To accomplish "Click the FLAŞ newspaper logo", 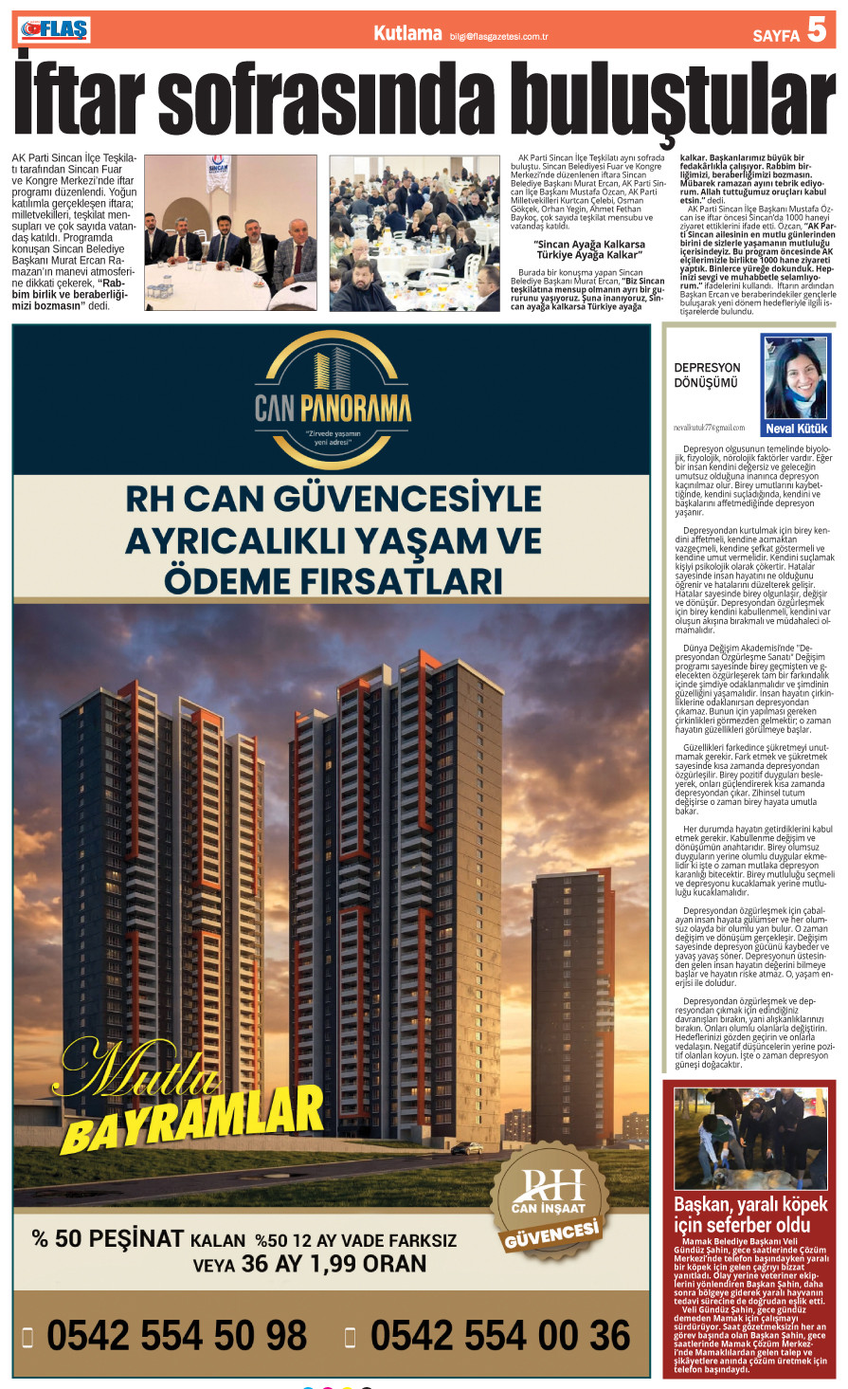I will (x=54, y=30).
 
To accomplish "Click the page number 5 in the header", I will (x=817, y=31).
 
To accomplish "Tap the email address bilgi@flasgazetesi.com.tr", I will (x=499, y=36).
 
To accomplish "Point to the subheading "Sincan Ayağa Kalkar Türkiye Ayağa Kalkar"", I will (x=589, y=249).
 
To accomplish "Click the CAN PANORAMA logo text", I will (x=333, y=409).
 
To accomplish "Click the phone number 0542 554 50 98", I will (x=176, y=1336).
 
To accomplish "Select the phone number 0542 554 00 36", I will (x=499, y=1336).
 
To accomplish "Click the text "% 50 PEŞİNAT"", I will (x=107, y=1239).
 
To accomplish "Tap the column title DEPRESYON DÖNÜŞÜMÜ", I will (x=707, y=375).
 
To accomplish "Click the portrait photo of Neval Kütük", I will (x=796, y=377).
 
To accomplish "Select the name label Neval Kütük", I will (x=796, y=429).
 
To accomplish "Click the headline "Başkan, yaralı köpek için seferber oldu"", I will (x=750, y=1215).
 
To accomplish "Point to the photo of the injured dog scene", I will (x=749, y=1139).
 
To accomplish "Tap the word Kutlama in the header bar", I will (x=407, y=33).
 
